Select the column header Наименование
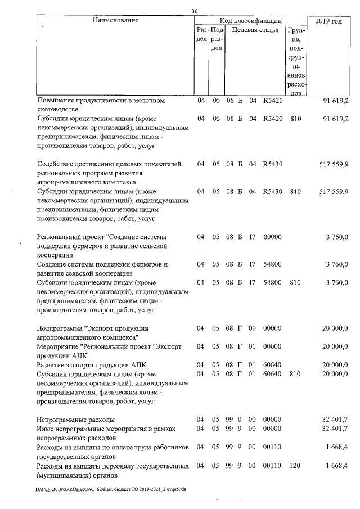tap(115, 20)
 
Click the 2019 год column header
tap(328, 21)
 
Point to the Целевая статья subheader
tap(255, 30)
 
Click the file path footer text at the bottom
tap(110, 489)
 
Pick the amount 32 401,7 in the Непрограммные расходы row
tap(335, 420)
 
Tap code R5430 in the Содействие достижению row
tap(272, 164)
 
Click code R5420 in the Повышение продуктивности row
tap(272, 101)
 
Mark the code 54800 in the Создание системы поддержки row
tap(272, 264)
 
